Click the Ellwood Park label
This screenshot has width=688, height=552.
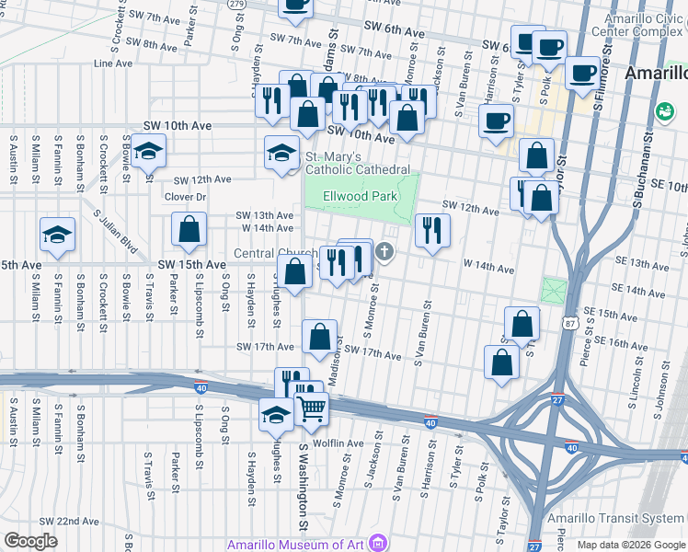tap(361, 196)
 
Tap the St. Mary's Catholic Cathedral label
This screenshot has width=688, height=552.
tap(357, 163)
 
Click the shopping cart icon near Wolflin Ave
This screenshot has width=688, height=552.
tap(312, 408)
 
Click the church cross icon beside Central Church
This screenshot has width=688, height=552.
tap(384, 251)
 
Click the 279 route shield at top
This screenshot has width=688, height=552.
tap(235, 4)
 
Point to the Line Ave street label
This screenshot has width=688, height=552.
tap(112, 64)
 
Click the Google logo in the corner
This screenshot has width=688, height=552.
tap(30, 541)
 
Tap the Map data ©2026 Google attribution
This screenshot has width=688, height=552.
tap(632, 545)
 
